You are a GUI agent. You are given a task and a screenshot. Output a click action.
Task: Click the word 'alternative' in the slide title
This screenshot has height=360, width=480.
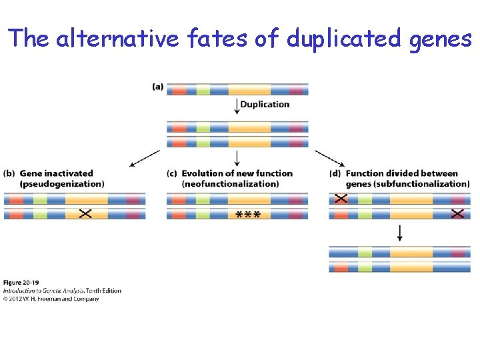click(117, 39)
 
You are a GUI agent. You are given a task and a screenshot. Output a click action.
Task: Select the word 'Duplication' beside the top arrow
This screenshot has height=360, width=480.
click(265, 104)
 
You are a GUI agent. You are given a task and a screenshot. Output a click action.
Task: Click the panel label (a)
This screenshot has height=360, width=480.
click(158, 87)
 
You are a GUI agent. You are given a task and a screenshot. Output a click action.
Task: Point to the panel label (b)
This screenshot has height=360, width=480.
click(9, 173)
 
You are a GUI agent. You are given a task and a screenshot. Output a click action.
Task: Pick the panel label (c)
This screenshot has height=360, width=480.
click(173, 173)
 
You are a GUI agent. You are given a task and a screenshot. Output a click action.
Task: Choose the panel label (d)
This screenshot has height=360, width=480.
click(335, 173)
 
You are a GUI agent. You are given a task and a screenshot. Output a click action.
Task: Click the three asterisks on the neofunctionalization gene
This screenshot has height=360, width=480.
click(248, 214)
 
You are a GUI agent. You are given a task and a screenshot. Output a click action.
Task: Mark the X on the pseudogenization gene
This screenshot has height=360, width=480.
click(85, 214)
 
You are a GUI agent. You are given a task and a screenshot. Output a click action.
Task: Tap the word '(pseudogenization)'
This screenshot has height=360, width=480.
click(62, 183)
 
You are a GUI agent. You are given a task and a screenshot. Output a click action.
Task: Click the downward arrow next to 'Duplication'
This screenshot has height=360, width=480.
click(237, 106)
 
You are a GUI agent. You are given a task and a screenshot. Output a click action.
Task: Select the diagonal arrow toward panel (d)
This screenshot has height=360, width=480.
click(329, 158)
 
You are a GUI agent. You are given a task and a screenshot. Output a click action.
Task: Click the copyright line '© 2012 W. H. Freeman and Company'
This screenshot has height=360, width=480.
click(51, 299)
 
